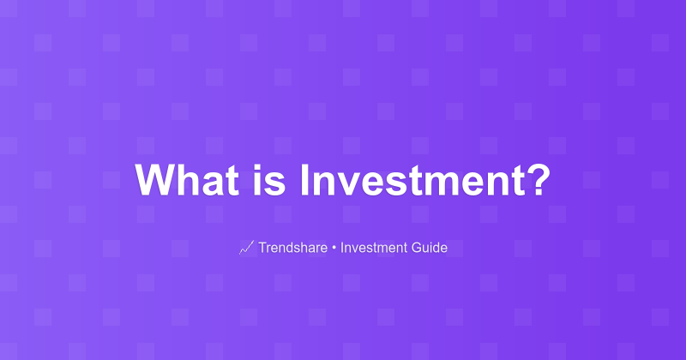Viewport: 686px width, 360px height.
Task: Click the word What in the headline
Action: click(x=188, y=181)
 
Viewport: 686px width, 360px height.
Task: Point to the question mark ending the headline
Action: click(x=536, y=181)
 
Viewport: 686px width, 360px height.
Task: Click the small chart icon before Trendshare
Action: click(x=246, y=249)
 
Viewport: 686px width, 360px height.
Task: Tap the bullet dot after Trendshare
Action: click(x=334, y=249)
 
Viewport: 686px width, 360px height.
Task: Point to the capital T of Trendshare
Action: click(x=262, y=249)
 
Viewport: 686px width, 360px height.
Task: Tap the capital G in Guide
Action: click(x=417, y=249)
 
